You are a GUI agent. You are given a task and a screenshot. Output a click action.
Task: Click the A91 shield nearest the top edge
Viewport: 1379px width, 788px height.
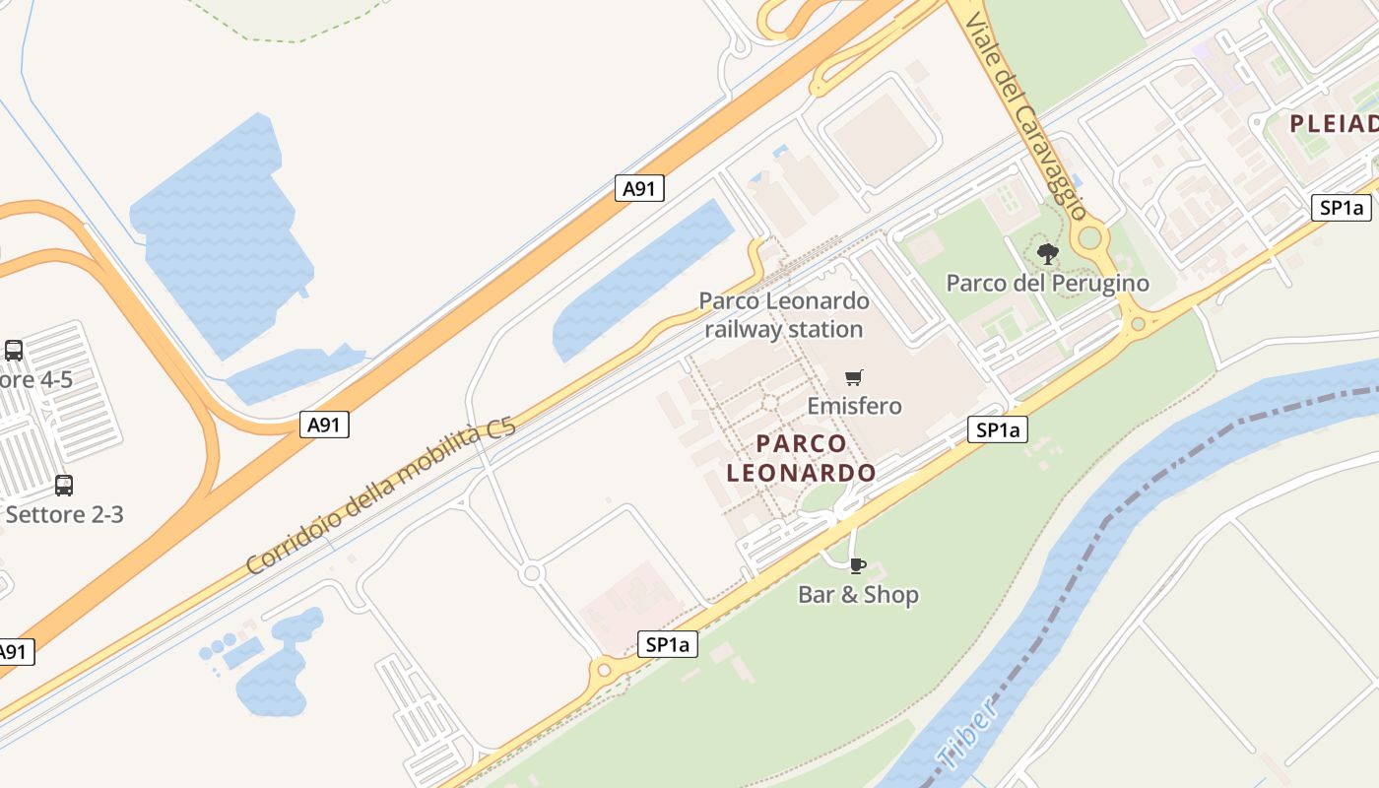(639, 188)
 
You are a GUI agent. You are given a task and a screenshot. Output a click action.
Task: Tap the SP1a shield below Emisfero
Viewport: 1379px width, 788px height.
(997, 429)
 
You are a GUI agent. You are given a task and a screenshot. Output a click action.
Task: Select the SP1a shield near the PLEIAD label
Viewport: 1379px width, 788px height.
(1342, 208)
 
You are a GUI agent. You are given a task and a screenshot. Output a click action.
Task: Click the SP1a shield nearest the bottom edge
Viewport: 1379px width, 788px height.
(668, 645)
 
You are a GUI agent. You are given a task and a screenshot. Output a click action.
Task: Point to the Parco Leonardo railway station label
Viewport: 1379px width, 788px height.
(784, 314)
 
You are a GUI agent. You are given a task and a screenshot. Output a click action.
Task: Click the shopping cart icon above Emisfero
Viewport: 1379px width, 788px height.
(854, 378)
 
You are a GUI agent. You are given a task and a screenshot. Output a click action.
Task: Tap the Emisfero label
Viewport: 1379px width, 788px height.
(854, 406)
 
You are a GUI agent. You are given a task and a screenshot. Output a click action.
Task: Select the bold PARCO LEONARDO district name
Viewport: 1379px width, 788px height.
(801, 458)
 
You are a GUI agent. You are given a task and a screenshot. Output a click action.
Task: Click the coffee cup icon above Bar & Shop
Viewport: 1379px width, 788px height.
(857, 565)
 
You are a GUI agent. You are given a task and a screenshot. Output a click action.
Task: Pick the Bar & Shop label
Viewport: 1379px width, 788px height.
(858, 595)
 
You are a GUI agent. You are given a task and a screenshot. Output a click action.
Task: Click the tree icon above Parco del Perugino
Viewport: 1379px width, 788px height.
(1047, 254)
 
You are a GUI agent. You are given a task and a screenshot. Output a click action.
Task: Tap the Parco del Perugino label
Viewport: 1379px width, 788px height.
(1047, 284)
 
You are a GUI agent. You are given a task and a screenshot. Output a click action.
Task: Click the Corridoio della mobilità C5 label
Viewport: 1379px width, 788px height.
(380, 497)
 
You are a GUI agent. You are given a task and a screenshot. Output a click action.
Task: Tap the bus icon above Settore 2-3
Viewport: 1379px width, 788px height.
(64, 485)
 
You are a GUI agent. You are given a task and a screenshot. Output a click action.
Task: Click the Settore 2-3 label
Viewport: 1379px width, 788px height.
(65, 514)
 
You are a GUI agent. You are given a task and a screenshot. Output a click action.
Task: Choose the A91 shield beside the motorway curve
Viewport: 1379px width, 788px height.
(325, 425)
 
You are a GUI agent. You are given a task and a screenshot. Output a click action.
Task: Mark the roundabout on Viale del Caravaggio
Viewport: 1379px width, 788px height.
(1089, 237)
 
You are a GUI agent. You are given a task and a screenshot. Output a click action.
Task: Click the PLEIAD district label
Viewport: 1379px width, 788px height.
(1334, 124)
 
